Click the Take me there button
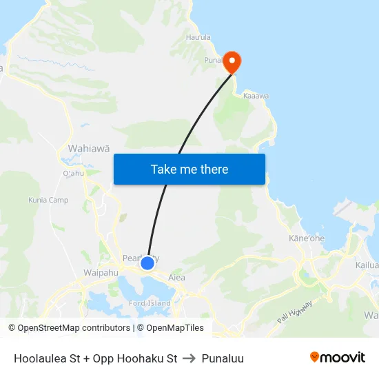click(189, 169)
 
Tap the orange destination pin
click(232, 61)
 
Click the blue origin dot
click(147, 263)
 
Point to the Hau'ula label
click(198, 37)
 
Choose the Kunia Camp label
click(48, 200)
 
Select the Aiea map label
click(177, 278)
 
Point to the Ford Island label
click(150, 303)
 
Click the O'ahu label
click(73, 174)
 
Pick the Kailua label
click(367, 265)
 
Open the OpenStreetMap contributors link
click(74, 328)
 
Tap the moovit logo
click(338, 357)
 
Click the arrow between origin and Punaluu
click(189, 358)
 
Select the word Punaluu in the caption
click(223, 358)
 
